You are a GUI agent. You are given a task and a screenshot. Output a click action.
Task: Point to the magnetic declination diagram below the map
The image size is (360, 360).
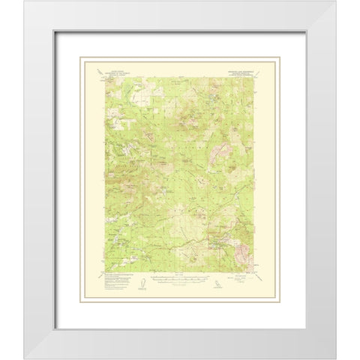pyautogui.click(x=141, y=285)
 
